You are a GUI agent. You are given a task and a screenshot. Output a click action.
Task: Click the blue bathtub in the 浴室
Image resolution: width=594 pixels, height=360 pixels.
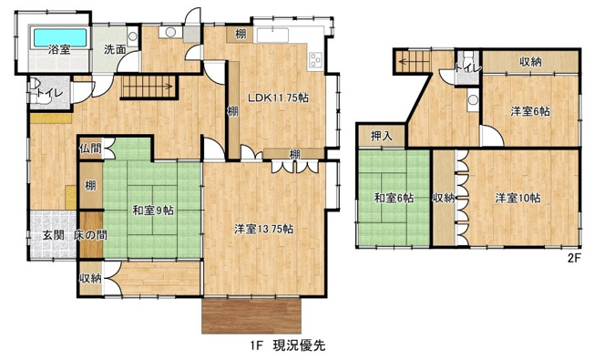(x=58, y=38)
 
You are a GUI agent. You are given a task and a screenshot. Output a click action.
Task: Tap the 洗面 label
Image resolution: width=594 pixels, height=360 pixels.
(x=114, y=49)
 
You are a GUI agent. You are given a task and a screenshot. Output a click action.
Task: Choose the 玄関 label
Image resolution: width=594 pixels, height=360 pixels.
(x=52, y=235)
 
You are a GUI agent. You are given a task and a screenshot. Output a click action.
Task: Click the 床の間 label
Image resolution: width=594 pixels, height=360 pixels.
(x=90, y=235)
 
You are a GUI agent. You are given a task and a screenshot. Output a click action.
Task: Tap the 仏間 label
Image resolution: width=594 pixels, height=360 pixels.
(x=90, y=148)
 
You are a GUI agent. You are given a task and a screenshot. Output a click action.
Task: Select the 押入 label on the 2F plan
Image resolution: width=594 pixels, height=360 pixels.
(x=381, y=136)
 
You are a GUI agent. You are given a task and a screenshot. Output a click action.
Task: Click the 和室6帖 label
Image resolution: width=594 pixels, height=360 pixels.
(x=393, y=198)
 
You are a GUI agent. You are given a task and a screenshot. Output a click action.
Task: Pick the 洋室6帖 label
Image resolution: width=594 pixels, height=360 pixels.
(x=529, y=111)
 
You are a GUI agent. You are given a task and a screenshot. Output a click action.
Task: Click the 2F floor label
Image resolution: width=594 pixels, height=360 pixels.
(x=574, y=258)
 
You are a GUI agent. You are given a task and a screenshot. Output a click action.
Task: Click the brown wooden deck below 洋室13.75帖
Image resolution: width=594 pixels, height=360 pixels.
(x=247, y=315)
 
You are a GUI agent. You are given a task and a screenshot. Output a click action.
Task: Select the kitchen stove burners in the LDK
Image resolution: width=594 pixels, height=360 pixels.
(x=316, y=61)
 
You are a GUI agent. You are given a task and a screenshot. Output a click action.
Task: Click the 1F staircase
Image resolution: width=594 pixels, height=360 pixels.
(x=148, y=87)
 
